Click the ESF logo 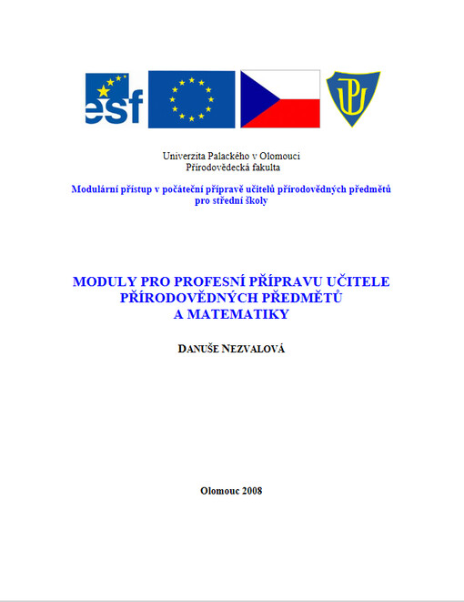click(114, 99)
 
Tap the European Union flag click(191, 99)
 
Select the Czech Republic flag click(280, 99)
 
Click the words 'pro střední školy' click(232, 200)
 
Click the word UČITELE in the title click(358, 281)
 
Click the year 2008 click(247, 491)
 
